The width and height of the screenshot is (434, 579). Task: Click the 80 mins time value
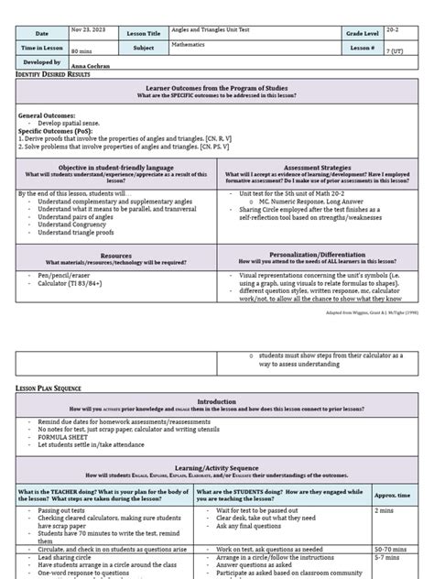(85, 52)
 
